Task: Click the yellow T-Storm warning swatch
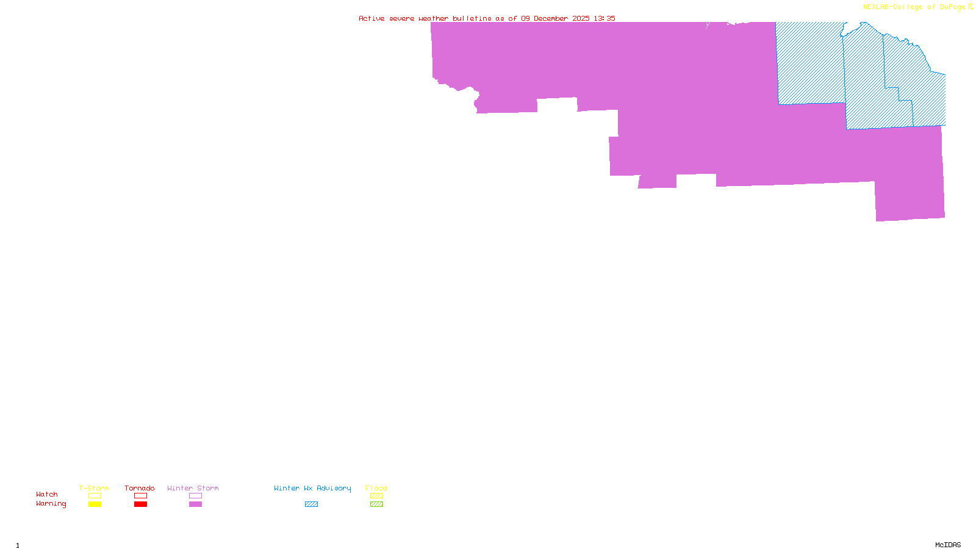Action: [x=95, y=504]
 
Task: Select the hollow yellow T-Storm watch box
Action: [x=95, y=496]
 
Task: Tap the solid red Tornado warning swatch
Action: [x=140, y=504]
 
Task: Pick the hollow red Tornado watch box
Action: [x=140, y=496]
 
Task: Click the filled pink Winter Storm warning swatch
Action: [x=195, y=504]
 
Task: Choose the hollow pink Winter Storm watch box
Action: [x=195, y=496]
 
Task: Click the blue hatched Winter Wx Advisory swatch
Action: [x=311, y=504]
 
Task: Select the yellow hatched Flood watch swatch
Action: [x=376, y=496]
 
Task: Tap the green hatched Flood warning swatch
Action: [x=376, y=504]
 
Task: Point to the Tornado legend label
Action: [x=140, y=488]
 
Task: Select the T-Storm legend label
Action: [x=94, y=488]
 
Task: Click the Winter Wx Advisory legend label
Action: [x=312, y=488]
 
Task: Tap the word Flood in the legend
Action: [x=376, y=488]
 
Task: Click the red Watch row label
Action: [x=47, y=494]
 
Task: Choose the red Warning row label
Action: [x=51, y=504]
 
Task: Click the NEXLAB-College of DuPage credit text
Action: [x=914, y=7]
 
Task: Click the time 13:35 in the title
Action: [x=605, y=18]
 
